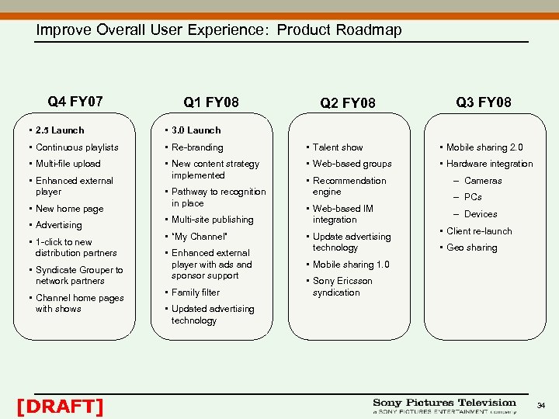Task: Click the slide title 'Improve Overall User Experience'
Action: [219, 30]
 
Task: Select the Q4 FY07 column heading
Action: [75, 102]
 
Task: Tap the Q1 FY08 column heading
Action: [211, 102]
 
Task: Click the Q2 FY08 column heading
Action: [348, 103]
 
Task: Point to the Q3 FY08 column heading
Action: [483, 102]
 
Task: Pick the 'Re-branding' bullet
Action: [197, 147]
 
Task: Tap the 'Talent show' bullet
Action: [338, 147]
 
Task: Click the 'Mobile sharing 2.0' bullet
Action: [484, 147]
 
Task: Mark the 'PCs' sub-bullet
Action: [473, 197]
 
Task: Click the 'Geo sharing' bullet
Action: [471, 248]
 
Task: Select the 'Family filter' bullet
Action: [196, 293]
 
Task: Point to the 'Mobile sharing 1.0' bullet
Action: [351, 265]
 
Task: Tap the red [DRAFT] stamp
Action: [60, 406]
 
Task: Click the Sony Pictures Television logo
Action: [444, 406]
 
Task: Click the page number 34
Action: [541, 406]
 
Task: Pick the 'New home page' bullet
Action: [69, 209]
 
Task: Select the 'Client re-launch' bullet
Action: [479, 231]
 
